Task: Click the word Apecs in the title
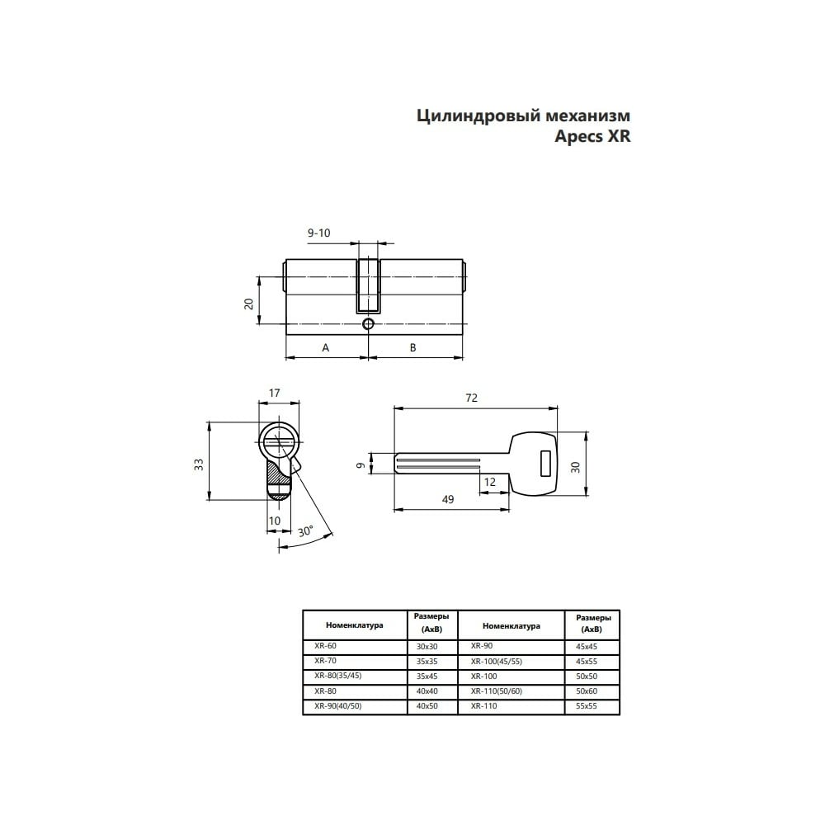pos(579,137)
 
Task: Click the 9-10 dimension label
pos(318,233)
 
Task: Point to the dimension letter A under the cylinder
pos(326,348)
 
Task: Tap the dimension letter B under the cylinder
pos(413,348)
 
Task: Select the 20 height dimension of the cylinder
pos(249,304)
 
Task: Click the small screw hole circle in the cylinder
pos(368,324)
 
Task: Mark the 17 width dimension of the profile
pos(274,393)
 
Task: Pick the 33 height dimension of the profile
pos(198,464)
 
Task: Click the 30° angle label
pos(305,531)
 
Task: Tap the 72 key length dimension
pos(471,398)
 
